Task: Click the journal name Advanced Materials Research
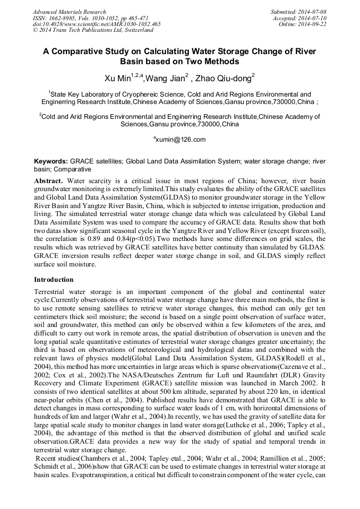click(69, 12)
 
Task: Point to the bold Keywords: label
click(51, 161)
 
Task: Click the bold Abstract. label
click(49, 181)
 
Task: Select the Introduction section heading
click(54, 280)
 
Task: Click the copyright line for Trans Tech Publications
click(92, 30)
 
